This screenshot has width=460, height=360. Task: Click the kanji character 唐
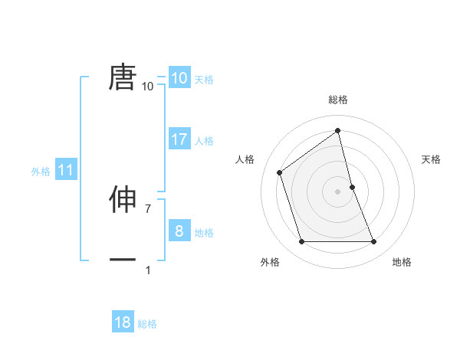point(123,77)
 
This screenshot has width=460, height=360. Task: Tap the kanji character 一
point(123,260)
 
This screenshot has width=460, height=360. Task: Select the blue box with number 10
point(179,78)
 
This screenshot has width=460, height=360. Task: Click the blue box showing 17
point(179,139)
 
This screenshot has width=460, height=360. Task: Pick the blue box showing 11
point(66,171)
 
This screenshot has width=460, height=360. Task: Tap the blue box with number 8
point(179,231)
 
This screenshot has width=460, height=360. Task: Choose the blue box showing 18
point(123,322)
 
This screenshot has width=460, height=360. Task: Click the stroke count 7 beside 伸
point(148,208)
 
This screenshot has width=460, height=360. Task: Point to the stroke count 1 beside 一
point(148,270)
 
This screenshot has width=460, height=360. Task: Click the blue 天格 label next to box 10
point(204,79)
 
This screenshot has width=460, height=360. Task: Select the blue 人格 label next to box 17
point(204,141)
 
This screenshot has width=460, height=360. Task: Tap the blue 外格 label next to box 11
point(41,172)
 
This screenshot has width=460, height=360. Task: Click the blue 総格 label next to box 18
point(147,324)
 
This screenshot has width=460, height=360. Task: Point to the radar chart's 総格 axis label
point(338,100)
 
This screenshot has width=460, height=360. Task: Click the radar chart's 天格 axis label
point(431,159)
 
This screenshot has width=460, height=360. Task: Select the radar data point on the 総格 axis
point(338,131)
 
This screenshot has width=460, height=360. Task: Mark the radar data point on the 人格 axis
point(280,172)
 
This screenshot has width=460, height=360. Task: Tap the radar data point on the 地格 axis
point(374,242)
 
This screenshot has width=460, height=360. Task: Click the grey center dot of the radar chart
point(338,191)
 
